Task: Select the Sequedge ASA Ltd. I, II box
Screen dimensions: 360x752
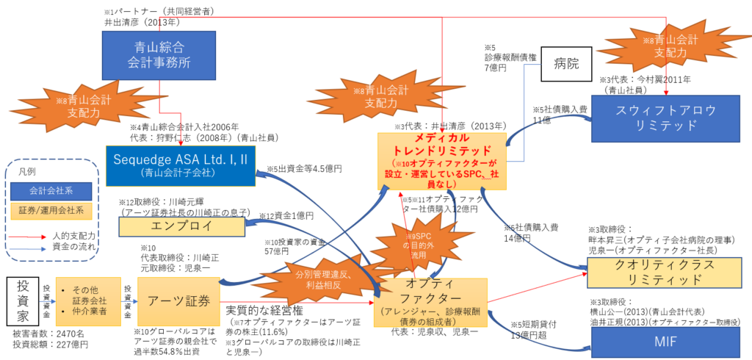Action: (181, 165)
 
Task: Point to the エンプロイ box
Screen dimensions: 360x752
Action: (183, 226)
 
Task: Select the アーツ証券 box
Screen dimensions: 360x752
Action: (179, 300)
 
